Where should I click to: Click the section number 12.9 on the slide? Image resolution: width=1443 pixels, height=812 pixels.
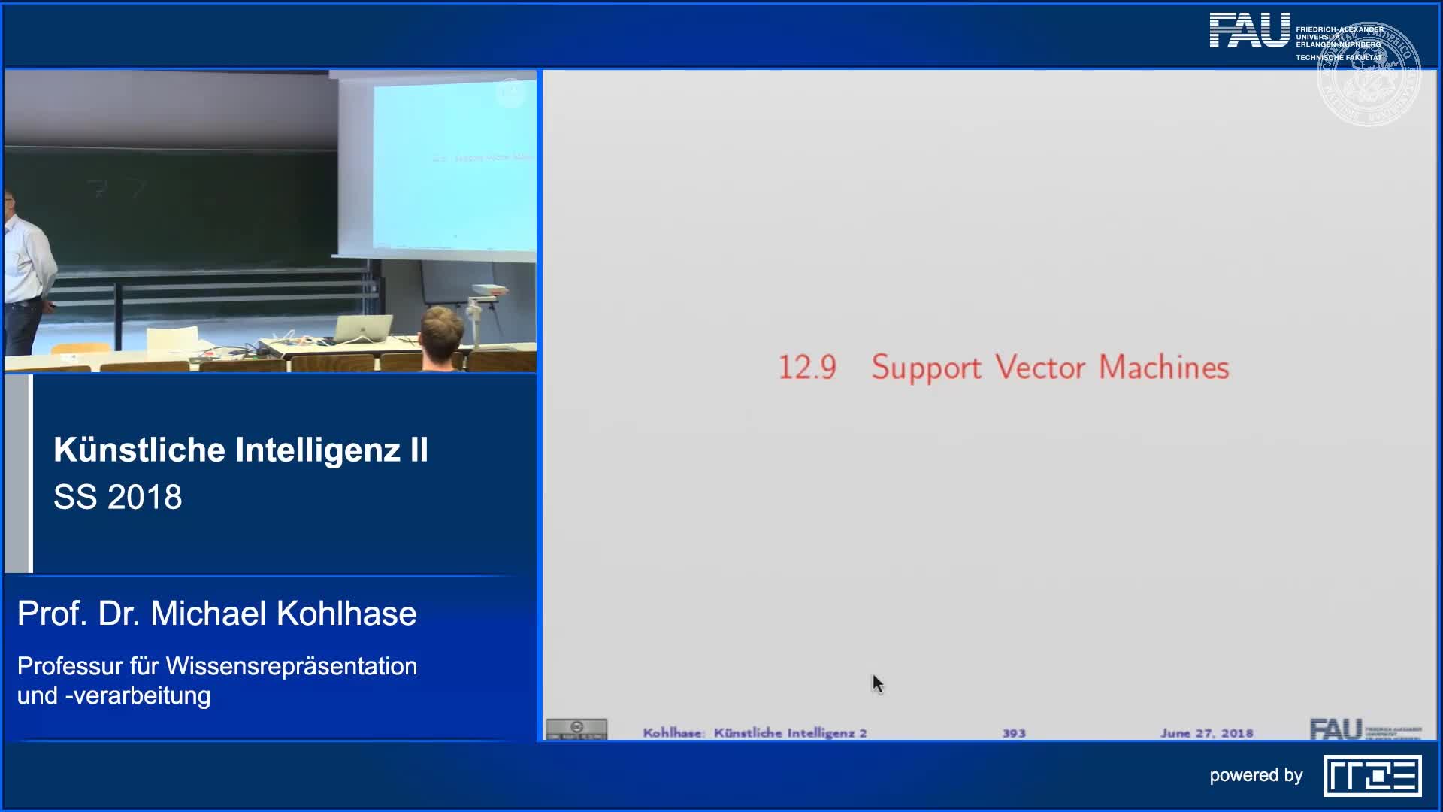806,368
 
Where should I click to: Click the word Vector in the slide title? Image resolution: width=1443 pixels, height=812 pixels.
1040,368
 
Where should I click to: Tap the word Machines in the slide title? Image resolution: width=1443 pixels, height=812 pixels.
1163,368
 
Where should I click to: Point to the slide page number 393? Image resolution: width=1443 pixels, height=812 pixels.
1013,733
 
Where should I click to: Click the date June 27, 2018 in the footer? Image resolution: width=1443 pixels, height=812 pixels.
1206,733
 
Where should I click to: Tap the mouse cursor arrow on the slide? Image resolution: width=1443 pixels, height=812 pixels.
877,683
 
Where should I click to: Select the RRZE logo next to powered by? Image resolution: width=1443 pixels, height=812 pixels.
1372,775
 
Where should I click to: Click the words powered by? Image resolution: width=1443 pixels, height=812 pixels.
1256,775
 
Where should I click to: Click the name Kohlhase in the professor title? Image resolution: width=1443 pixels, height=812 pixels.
346,614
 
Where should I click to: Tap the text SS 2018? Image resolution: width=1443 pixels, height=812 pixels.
118,497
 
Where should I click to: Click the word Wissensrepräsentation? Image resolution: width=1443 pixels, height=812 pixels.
292,666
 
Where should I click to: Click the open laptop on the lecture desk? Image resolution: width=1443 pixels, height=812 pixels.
362,329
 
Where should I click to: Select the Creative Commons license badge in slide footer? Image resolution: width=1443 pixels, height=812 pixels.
576,729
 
